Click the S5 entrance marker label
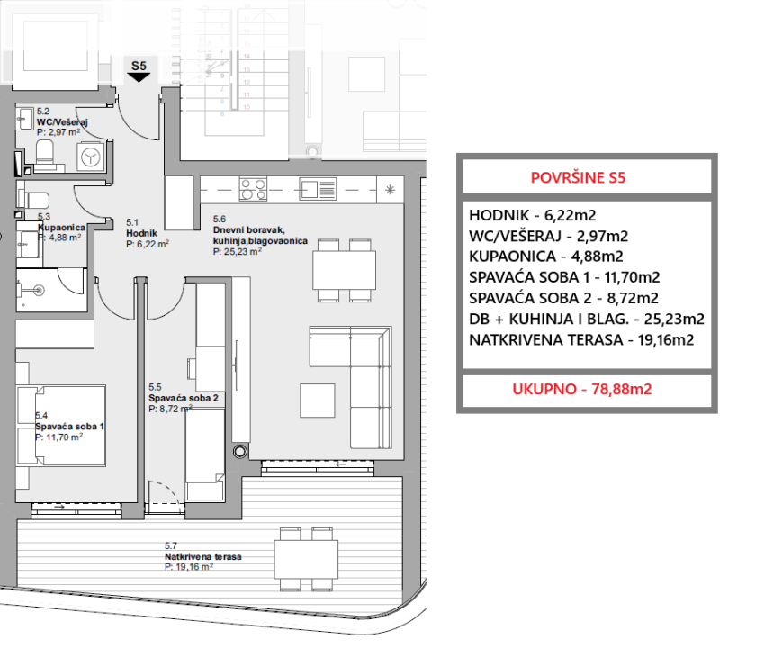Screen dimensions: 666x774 [x=139, y=66]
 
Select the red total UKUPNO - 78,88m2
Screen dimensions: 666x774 [x=581, y=390]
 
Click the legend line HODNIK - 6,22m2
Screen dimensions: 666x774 [x=533, y=216]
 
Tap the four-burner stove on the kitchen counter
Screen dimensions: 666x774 [x=252, y=190]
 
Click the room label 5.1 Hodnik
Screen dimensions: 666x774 [x=139, y=232]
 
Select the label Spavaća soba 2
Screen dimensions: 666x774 [x=183, y=397]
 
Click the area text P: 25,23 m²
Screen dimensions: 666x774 [x=237, y=253]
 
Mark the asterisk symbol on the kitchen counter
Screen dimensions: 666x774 [x=390, y=190]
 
